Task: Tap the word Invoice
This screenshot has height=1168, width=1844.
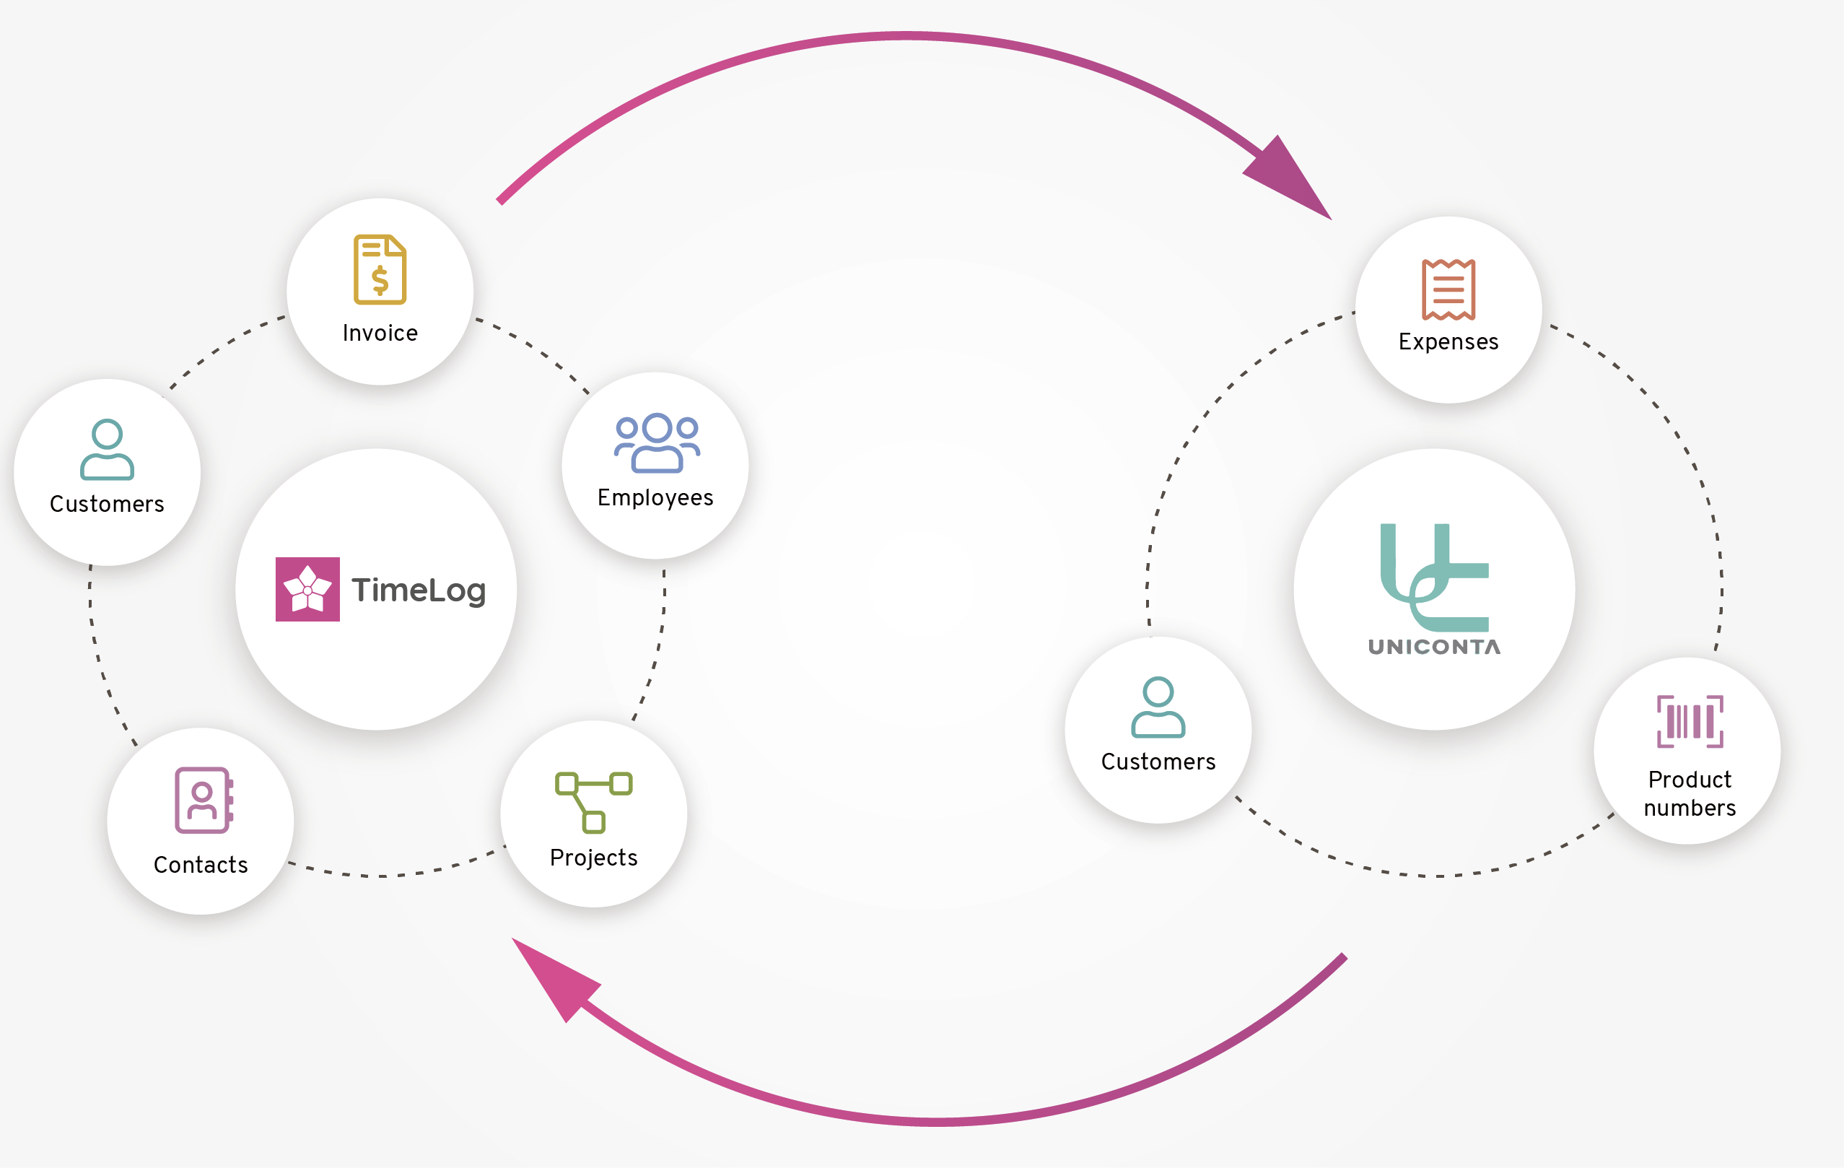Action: click(x=380, y=334)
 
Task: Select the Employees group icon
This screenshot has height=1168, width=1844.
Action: click(x=656, y=443)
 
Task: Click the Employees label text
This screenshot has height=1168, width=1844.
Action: click(x=655, y=498)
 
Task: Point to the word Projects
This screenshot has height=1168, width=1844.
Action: click(x=593, y=858)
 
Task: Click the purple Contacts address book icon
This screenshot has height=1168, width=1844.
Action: click(x=203, y=800)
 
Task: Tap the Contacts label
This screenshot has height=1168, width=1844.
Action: click(x=201, y=865)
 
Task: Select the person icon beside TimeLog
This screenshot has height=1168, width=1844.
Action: click(x=108, y=450)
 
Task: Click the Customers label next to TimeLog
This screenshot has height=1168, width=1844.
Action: click(x=108, y=504)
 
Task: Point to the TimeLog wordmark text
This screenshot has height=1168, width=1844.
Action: click(x=419, y=590)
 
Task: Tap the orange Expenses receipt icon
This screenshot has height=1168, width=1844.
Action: click(x=1448, y=289)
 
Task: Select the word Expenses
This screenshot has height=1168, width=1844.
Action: click(x=1448, y=341)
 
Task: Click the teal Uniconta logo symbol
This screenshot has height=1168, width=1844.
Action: click(x=1433, y=577)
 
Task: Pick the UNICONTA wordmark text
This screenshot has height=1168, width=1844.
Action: click(x=1433, y=648)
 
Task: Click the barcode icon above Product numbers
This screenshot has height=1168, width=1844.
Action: click(x=1690, y=721)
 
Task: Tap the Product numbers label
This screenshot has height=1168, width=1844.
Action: click(x=1690, y=793)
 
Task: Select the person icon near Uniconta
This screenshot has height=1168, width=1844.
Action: click(x=1158, y=707)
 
